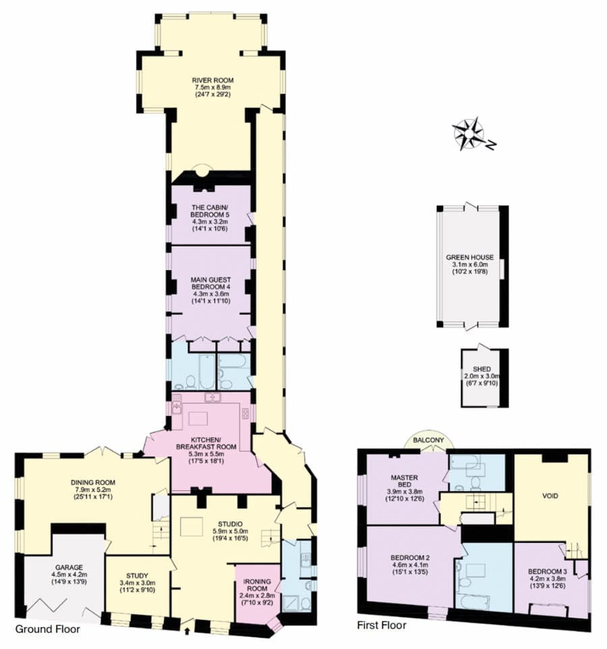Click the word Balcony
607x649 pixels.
tap(428, 440)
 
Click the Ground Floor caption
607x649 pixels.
tap(48, 629)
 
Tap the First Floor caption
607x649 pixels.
tap(382, 625)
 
